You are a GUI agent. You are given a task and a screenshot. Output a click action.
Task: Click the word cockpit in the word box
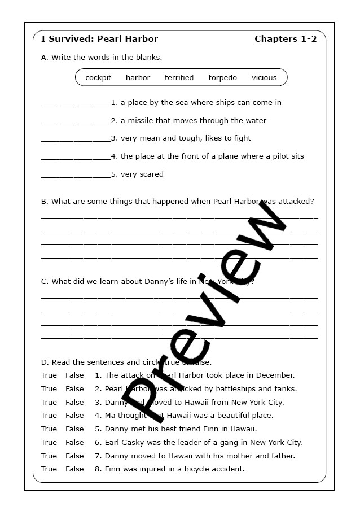(x=98, y=78)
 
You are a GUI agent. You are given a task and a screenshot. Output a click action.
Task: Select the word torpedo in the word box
(x=222, y=78)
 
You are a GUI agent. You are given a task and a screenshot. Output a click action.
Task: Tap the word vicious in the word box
(x=264, y=78)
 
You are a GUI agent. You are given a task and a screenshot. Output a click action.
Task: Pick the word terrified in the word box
(x=179, y=78)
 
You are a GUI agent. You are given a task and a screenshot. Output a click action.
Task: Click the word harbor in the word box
(x=138, y=78)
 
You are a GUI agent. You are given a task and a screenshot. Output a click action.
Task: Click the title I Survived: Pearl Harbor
(x=99, y=39)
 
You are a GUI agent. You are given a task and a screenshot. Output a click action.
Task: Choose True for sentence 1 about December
(x=49, y=375)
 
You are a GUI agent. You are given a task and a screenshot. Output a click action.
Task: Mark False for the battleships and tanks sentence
(x=74, y=389)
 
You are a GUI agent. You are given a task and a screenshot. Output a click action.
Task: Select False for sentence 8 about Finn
(x=74, y=469)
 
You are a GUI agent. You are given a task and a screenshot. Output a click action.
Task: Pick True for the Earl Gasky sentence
(x=49, y=443)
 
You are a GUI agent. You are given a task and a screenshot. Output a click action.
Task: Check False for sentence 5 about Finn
(x=74, y=429)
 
